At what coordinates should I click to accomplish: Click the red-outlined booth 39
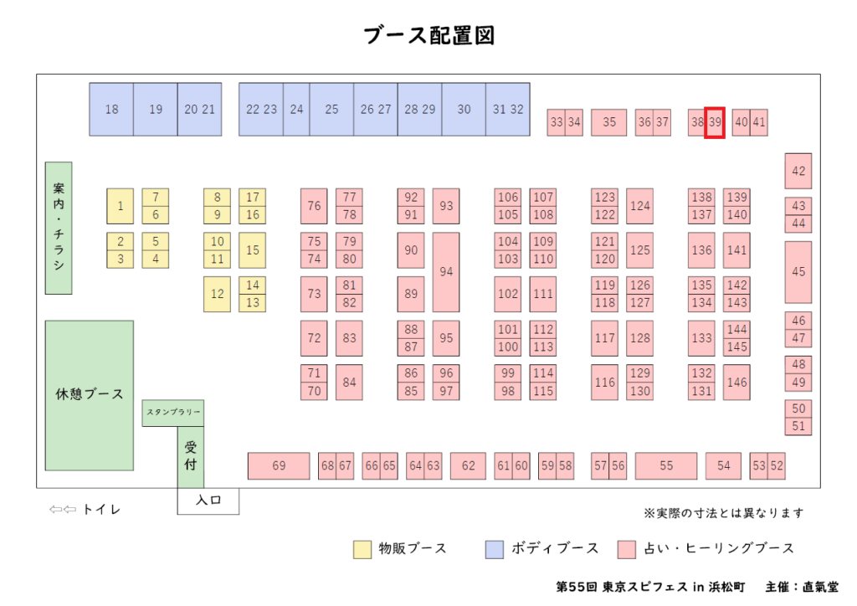tap(714, 122)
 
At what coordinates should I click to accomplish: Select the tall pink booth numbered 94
tap(446, 272)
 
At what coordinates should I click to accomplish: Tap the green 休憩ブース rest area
tap(89, 394)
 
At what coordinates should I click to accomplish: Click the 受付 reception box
tap(190, 457)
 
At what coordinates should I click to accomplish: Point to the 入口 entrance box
tap(208, 501)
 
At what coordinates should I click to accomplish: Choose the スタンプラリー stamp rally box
tap(173, 413)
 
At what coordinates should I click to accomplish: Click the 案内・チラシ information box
tap(59, 228)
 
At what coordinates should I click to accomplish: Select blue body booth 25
tap(331, 109)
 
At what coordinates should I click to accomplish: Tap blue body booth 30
tap(464, 109)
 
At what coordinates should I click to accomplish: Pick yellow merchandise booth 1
tap(120, 206)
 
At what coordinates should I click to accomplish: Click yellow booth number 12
tap(217, 294)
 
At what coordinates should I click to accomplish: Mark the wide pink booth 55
tap(665, 465)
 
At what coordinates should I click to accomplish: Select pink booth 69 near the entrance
tap(279, 465)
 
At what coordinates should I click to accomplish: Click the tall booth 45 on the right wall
tap(798, 272)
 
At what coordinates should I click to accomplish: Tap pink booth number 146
tap(736, 383)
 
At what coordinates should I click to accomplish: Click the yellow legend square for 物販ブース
tap(362, 549)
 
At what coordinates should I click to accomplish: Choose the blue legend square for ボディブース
tap(495, 549)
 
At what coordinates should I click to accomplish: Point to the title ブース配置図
tap(428, 36)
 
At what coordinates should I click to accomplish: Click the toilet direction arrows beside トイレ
tap(63, 509)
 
